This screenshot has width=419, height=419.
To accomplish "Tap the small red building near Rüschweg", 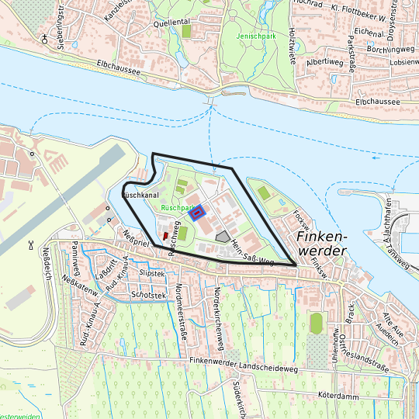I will coord(164,235).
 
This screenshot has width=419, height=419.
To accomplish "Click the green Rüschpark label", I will coord(178,209).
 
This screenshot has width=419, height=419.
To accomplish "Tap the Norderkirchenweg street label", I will coord(218,317).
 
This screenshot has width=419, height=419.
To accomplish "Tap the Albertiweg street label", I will coord(324,61).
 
